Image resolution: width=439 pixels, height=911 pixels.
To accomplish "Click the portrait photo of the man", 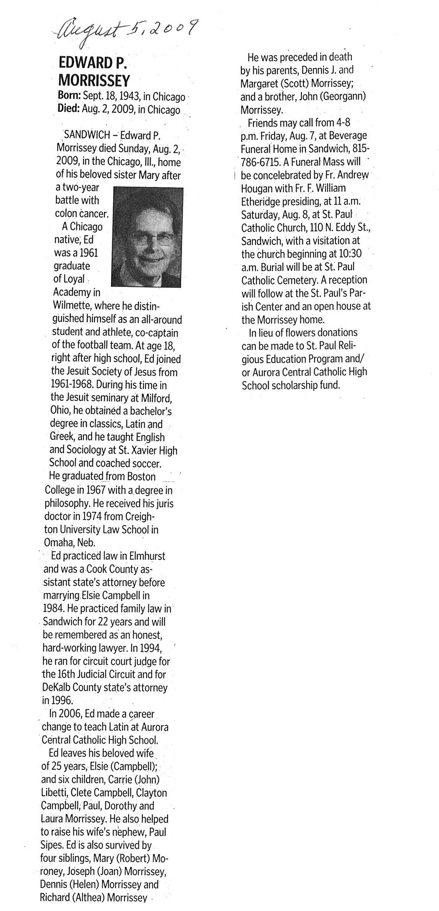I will click(x=146, y=237).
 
